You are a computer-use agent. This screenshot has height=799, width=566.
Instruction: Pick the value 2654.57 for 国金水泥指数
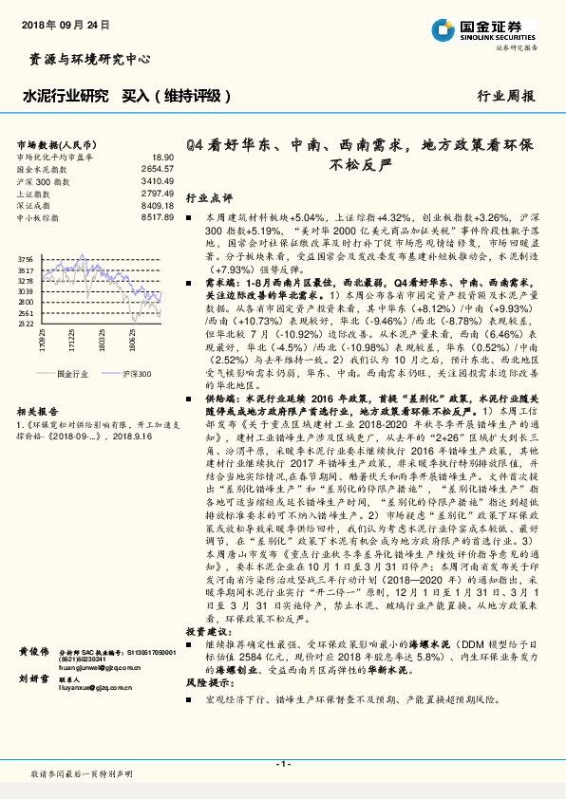click(x=158, y=168)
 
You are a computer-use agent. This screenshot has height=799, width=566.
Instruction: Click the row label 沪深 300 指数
click(x=44, y=179)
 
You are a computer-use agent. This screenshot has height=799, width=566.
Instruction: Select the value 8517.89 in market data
click(x=158, y=217)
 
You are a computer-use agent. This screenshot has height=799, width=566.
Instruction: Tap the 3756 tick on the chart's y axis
click(x=26, y=259)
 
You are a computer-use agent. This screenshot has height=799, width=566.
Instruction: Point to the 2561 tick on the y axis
click(x=26, y=312)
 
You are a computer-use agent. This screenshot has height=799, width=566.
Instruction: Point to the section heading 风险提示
click(x=208, y=681)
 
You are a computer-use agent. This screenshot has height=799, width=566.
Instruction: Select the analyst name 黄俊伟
click(x=33, y=651)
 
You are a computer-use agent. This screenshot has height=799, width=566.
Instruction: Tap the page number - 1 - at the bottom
click(x=282, y=763)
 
